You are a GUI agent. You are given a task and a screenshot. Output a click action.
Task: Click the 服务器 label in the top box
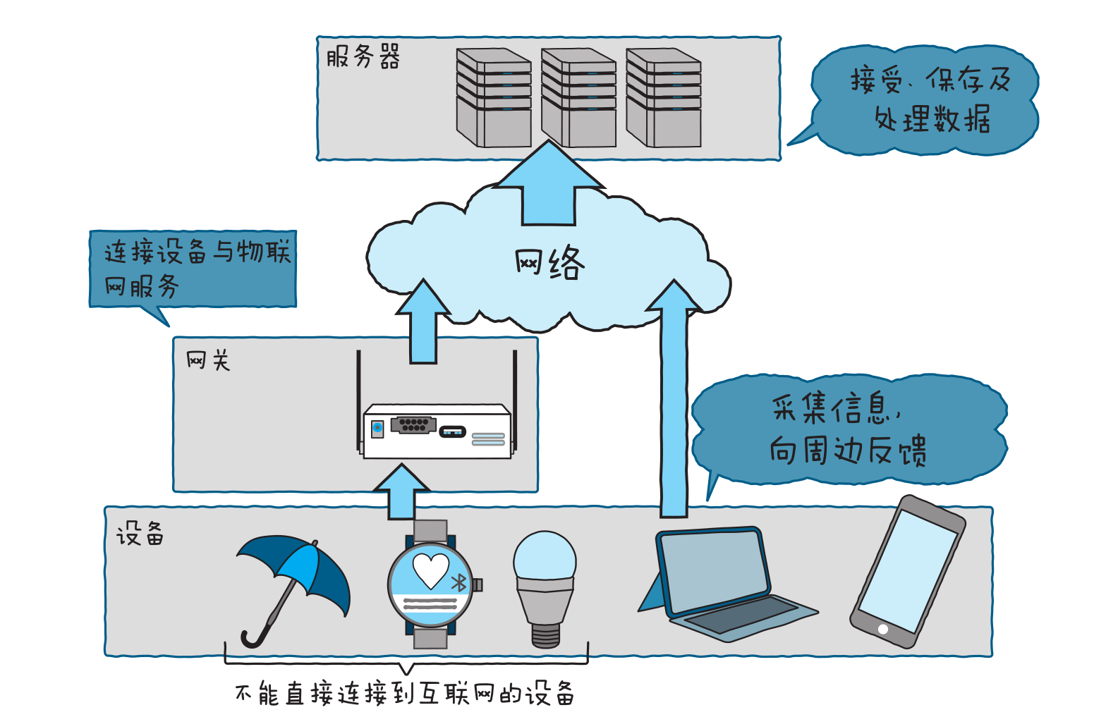(x=363, y=56)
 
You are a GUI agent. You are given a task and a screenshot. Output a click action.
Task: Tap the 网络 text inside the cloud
(x=549, y=264)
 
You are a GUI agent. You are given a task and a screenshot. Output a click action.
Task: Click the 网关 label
(x=208, y=361)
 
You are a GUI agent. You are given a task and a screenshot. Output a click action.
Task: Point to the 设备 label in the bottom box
(x=140, y=534)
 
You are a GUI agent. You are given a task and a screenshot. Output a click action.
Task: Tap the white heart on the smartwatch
(x=430, y=570)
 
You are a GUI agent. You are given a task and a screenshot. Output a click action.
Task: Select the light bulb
(x=545, y=585)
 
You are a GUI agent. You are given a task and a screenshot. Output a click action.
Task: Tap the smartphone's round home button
(x=882, y=629)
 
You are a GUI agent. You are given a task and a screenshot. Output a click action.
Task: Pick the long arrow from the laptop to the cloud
(x=674, y=402)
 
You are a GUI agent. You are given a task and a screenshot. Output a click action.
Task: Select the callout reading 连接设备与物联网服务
(x=193, y=269)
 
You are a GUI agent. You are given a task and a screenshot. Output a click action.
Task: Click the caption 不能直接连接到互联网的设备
(x=405, y=694)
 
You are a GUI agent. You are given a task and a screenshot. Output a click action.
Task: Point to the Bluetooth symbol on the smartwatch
(x=459, y=582)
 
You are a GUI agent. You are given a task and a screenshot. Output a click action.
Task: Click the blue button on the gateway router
(x=377, y=428)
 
